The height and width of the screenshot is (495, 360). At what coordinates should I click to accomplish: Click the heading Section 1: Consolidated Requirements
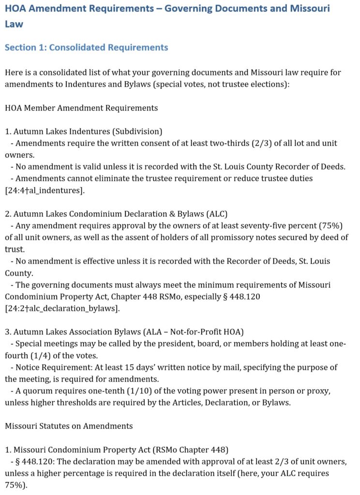86,47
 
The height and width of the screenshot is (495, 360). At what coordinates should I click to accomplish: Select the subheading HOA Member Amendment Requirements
81,107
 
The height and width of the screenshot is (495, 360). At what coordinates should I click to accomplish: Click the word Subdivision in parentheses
140,131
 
